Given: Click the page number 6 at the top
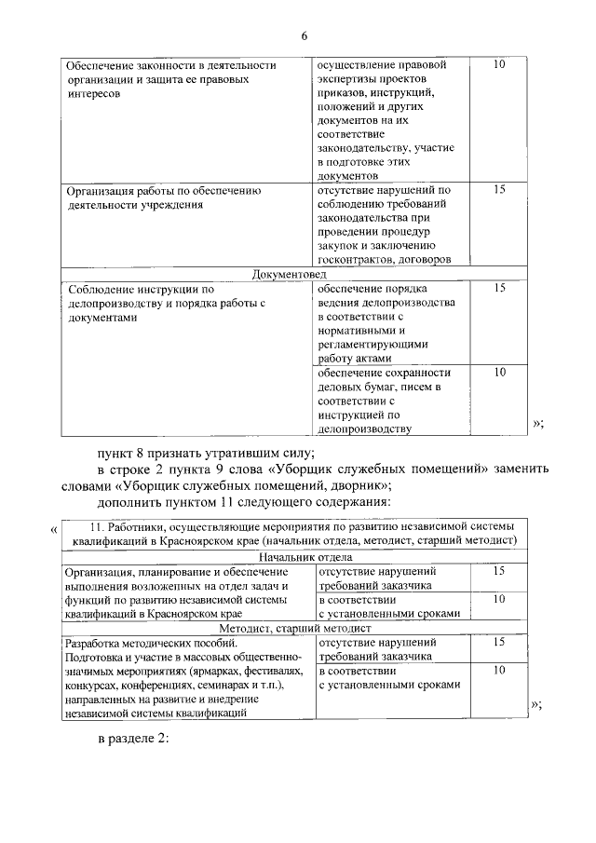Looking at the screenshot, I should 304,36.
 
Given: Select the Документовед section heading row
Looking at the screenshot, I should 290,274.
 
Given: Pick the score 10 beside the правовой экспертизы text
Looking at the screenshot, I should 498,65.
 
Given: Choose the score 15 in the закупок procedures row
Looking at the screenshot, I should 498,189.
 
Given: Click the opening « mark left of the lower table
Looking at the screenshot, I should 52,531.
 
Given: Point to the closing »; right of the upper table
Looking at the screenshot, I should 537,423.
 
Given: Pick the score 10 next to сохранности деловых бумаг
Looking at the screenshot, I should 498,373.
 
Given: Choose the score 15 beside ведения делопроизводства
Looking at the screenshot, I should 498,289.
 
